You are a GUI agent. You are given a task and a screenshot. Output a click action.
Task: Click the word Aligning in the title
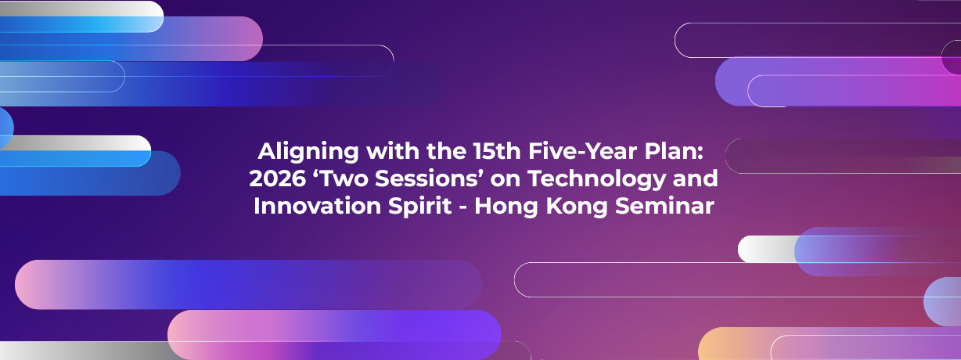coord(308,153)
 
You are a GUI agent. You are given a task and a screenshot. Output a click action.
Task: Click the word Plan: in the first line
coord(674,151)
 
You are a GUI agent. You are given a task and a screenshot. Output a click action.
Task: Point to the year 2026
coord(277,178)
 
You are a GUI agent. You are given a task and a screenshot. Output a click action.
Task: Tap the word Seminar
coord(664,206)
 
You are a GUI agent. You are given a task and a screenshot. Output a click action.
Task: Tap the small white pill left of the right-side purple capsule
coord(766,249)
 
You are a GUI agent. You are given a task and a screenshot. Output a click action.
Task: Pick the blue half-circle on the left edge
coord(6,128)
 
